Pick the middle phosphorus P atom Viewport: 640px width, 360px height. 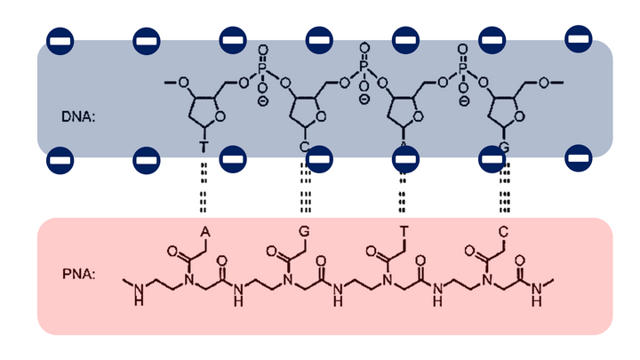[x=364, y=66]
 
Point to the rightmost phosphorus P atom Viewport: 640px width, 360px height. [x=462, y=66]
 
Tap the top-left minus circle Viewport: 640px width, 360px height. [x=60, y=40]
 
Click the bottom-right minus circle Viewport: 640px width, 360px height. [x=579, y=160]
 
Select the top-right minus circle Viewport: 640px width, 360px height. [x=579, y=40]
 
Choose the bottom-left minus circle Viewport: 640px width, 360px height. [x=60, y=161]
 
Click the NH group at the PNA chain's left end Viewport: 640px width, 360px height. [x=137, y=297]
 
